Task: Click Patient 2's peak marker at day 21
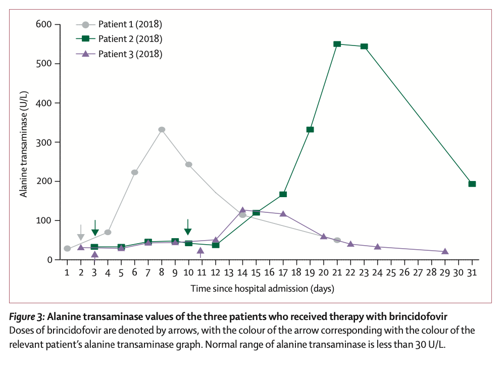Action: (337, 44)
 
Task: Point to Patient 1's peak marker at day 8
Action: (162, 129)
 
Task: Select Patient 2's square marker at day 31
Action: (472, 184)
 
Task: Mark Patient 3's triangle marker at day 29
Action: (445, 251)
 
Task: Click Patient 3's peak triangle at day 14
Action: (242, 210)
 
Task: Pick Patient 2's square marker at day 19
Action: (310, 129)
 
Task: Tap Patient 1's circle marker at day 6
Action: (135, 172)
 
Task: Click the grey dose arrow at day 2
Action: (81, 233)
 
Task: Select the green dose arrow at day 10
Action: (188, 227)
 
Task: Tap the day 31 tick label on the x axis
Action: (472, 272)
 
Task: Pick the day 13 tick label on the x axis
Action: (229, 272)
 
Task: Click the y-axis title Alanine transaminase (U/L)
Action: (24, 142)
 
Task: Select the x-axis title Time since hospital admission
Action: (262, 289)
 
